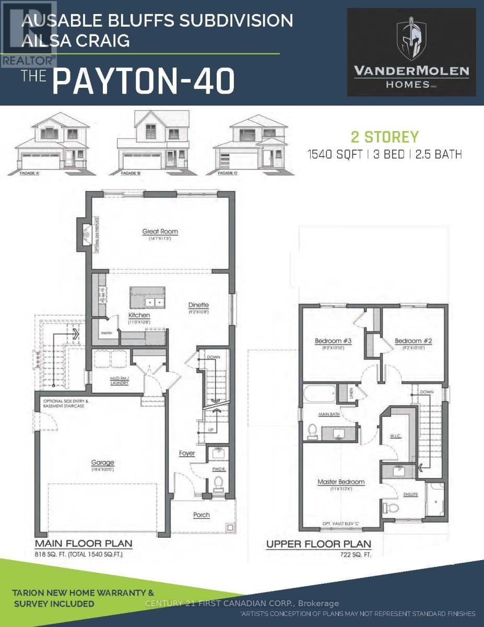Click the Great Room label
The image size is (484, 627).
click(x=157, y=231)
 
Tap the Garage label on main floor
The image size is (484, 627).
click(x=102, y=462)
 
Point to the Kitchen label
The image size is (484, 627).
click(x=139, y=316)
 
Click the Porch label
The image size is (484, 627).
click(x=201, y=515)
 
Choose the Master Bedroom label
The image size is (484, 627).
click(x=341, y=482)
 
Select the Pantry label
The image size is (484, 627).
click(x=107, y=333)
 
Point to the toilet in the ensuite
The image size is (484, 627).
click(x=395, y=508)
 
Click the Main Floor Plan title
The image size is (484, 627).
click(x=84, y=543)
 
